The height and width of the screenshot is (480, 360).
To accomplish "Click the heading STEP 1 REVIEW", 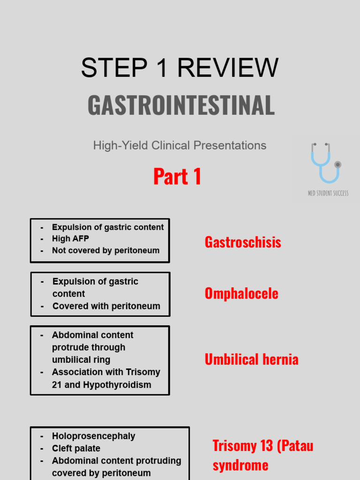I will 180,68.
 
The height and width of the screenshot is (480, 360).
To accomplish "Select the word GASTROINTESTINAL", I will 181,105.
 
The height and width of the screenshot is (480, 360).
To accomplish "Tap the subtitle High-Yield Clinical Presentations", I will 180,145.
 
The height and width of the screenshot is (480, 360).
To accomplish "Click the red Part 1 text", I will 177,177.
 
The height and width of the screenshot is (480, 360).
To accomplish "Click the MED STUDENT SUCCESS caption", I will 328,193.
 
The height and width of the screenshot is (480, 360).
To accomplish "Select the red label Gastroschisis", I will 243,242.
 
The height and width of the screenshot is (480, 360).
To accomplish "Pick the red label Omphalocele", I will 241,293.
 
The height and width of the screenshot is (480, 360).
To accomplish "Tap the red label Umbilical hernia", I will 251,360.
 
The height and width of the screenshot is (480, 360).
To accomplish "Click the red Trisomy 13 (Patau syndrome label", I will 262,455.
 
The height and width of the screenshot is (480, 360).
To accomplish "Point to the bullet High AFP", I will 70,239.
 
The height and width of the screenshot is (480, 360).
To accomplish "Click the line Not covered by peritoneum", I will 105,250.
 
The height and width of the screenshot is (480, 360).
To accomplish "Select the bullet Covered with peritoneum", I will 106,306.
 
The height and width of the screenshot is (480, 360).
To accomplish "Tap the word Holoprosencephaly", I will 93,436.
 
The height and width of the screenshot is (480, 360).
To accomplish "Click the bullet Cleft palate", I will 76,449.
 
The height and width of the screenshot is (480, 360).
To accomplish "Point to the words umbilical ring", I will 81,360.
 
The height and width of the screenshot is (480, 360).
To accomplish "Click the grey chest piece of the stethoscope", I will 337,165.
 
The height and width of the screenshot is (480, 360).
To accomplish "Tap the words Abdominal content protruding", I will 116,461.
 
